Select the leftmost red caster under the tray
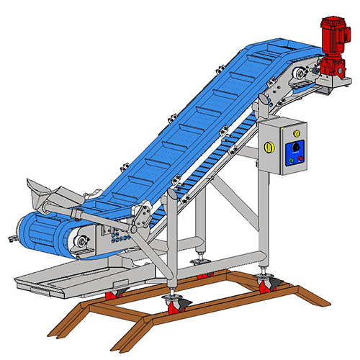(113, 294)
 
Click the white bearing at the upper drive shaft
(300, 73)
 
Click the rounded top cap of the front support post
(173, 192)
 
